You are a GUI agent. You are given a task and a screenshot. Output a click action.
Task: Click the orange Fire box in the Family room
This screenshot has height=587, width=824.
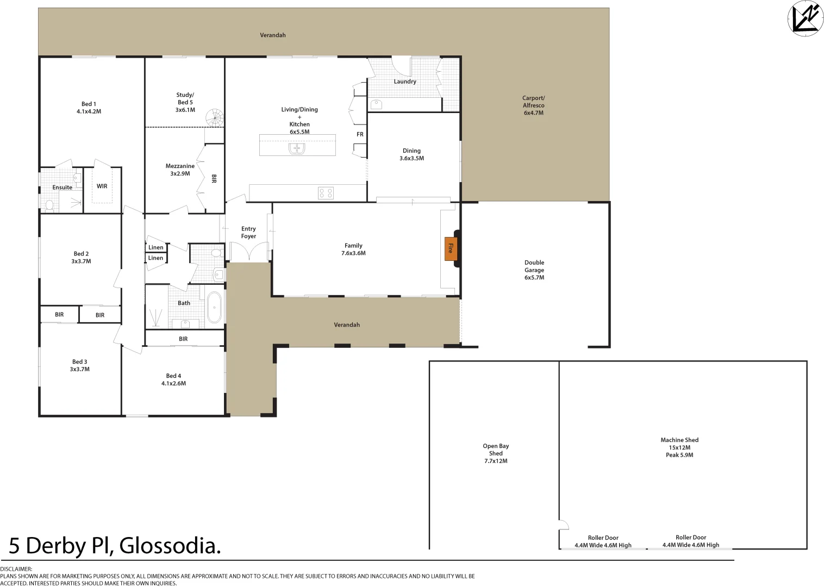(450, 248)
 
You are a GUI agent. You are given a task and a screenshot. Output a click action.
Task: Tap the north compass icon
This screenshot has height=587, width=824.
(805, 18)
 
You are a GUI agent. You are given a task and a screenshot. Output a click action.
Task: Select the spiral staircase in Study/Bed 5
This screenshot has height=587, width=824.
(214, 118)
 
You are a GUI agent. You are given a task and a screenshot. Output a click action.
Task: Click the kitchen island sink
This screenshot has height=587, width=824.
(297, 148)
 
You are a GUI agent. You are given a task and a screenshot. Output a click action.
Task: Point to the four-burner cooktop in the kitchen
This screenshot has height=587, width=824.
(326, 193)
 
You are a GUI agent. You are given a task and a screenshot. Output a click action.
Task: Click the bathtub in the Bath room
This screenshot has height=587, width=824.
(214, 307)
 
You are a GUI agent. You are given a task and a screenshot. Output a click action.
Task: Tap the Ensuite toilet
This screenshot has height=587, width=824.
(49, 205)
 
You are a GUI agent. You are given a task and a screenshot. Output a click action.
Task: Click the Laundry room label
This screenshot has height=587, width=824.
(405, 82)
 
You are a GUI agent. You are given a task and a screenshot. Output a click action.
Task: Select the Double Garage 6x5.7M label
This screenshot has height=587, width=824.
(534, 270)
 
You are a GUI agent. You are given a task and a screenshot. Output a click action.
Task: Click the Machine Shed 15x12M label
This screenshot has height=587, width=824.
(679, 447)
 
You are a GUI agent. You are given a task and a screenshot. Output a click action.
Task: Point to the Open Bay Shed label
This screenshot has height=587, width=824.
(496, 453)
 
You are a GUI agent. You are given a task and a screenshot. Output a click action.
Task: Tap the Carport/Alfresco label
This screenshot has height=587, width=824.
(533, 105)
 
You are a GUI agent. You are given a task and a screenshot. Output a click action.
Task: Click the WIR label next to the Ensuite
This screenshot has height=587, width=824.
(102, 186)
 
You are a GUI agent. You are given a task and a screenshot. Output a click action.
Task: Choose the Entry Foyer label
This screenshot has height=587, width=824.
(248, 233)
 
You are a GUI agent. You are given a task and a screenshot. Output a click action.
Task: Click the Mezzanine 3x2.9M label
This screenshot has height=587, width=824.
(180, 170)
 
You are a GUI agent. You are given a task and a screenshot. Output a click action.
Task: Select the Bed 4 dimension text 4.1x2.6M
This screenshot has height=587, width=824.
(173, 383)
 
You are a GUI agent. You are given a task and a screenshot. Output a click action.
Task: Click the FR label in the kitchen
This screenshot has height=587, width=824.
(360, 134)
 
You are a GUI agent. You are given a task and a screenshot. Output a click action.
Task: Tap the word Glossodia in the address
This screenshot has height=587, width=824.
(170, 546)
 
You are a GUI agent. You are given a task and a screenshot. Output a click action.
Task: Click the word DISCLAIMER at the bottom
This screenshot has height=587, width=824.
(16, 569)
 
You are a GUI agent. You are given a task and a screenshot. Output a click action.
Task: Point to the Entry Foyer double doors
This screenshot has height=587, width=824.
(249, 253)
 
